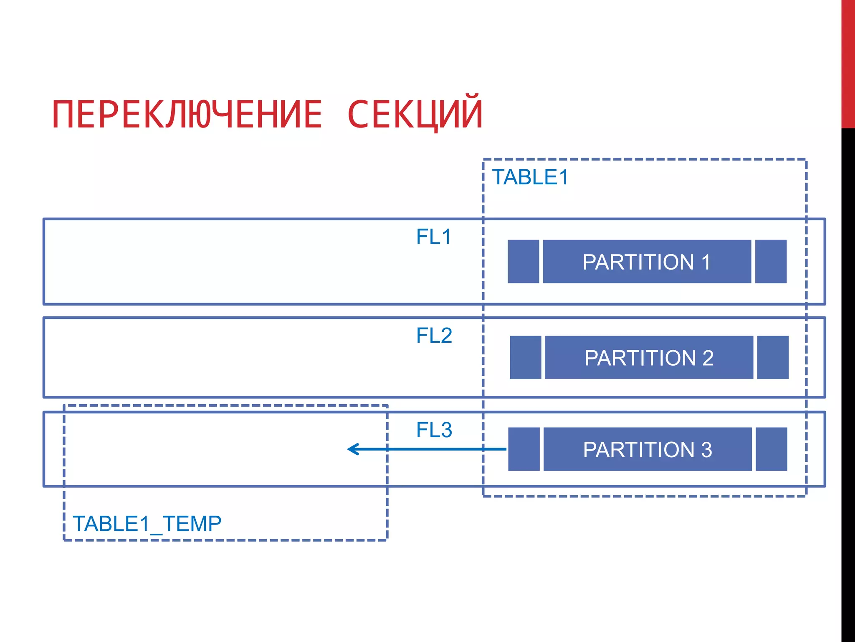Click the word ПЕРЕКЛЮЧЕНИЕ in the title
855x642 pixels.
pos(187,115)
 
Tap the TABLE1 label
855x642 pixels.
pos(530,177)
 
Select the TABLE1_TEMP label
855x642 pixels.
pos(147,524)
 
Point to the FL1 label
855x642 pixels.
pos(434,237)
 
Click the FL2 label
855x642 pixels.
pos(434,336)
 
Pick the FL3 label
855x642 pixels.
pos(434,430)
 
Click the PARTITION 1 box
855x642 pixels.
pos(647,262)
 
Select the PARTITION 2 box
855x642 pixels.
pos(649,357)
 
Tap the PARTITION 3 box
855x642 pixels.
pos(647,449)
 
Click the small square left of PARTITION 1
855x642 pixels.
pos(523,262)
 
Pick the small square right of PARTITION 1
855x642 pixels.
pos(771,262)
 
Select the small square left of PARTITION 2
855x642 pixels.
pos(525,357)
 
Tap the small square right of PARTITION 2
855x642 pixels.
pos(773,357)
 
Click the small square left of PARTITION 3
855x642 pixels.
pos(524,449)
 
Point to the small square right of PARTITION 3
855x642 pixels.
pos(771,449)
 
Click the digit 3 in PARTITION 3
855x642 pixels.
pos(706,450)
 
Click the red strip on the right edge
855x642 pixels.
pos(848,63)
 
